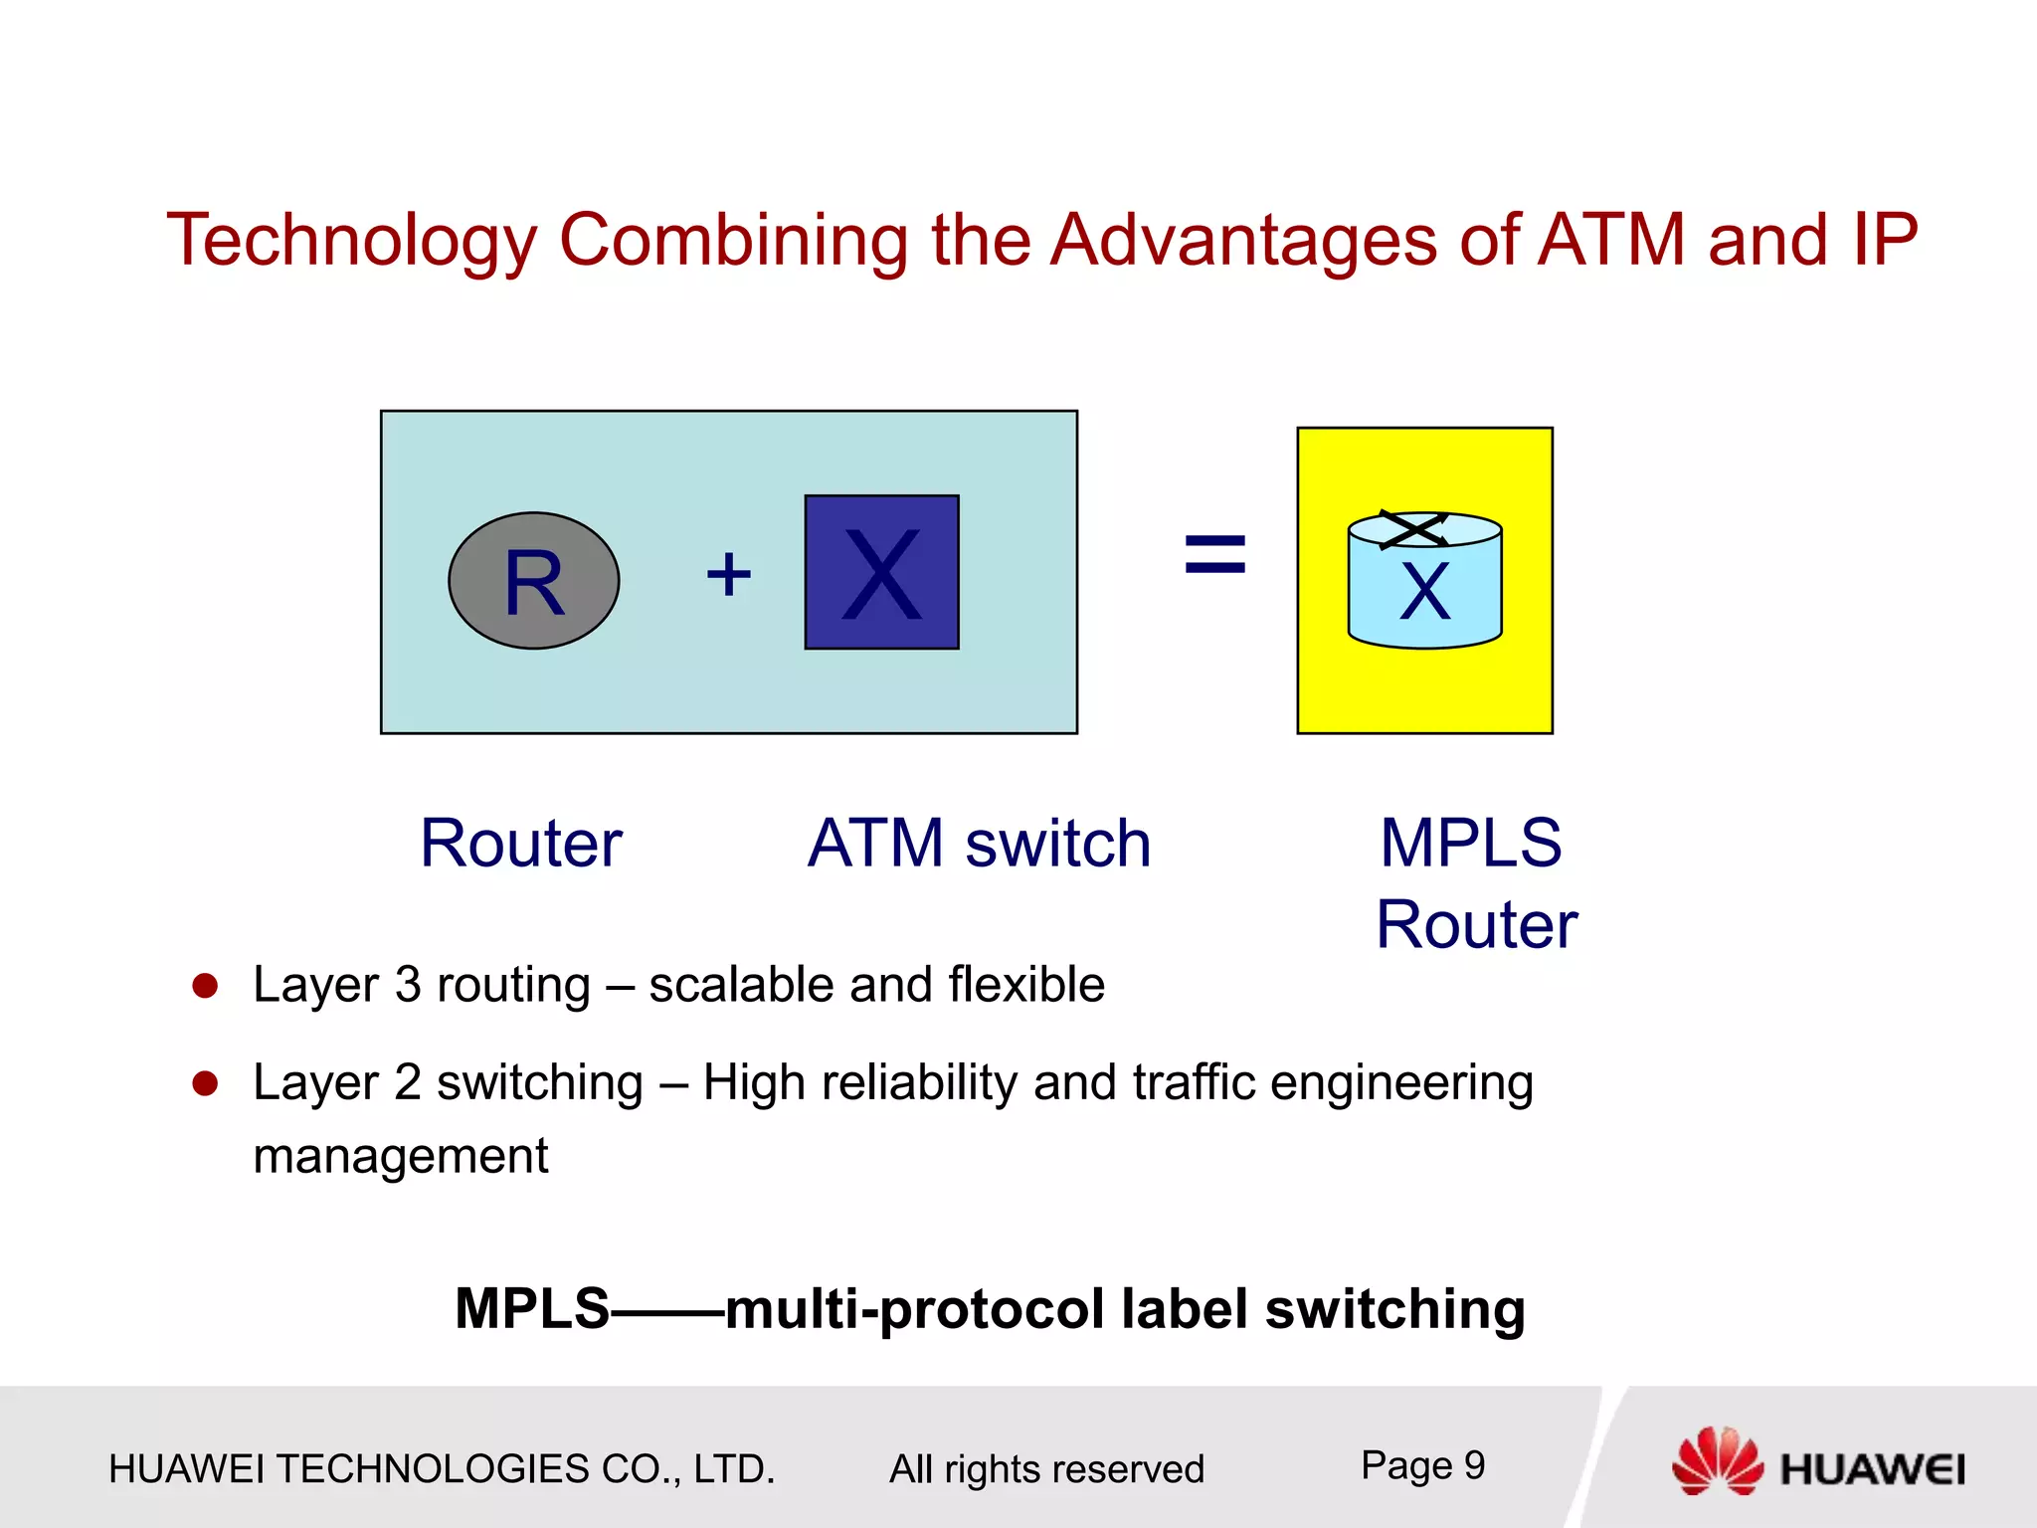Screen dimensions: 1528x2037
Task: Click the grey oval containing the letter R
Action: [533, 581]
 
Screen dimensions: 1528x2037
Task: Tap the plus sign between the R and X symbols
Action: [728, 575]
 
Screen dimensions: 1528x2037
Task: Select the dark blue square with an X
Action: [881, 573]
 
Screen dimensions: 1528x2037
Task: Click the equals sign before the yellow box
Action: [1214, 554]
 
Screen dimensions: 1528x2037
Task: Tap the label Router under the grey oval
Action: [520, 844]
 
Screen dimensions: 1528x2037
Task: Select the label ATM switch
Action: [979, 844]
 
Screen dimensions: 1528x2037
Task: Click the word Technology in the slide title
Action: [351, 241]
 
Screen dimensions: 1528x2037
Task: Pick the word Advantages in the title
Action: [1243, 241]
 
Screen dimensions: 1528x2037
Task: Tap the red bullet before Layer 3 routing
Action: [205, 985]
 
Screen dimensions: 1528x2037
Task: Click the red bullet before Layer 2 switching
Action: [205, 1082]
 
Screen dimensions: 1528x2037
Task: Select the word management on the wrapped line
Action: [400, 1156]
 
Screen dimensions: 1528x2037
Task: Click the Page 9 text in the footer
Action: [1422, 1465]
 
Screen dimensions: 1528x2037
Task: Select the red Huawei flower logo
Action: [1717, 1460]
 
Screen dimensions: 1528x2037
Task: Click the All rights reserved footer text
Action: [1046, 1469]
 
